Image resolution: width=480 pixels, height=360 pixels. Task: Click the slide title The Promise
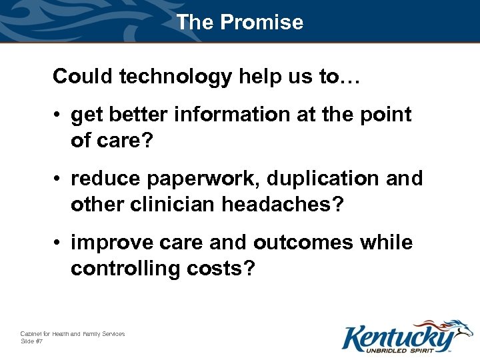pyautogui.click(x=240, y=22)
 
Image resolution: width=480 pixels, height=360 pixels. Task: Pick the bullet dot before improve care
pyautogui.click(x=59, y=243)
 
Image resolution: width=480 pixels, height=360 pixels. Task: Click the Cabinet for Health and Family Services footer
pyautogui.click(x=72, y=333)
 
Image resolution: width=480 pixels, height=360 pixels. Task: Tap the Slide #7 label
pyautogui.click(x=32, y=341)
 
